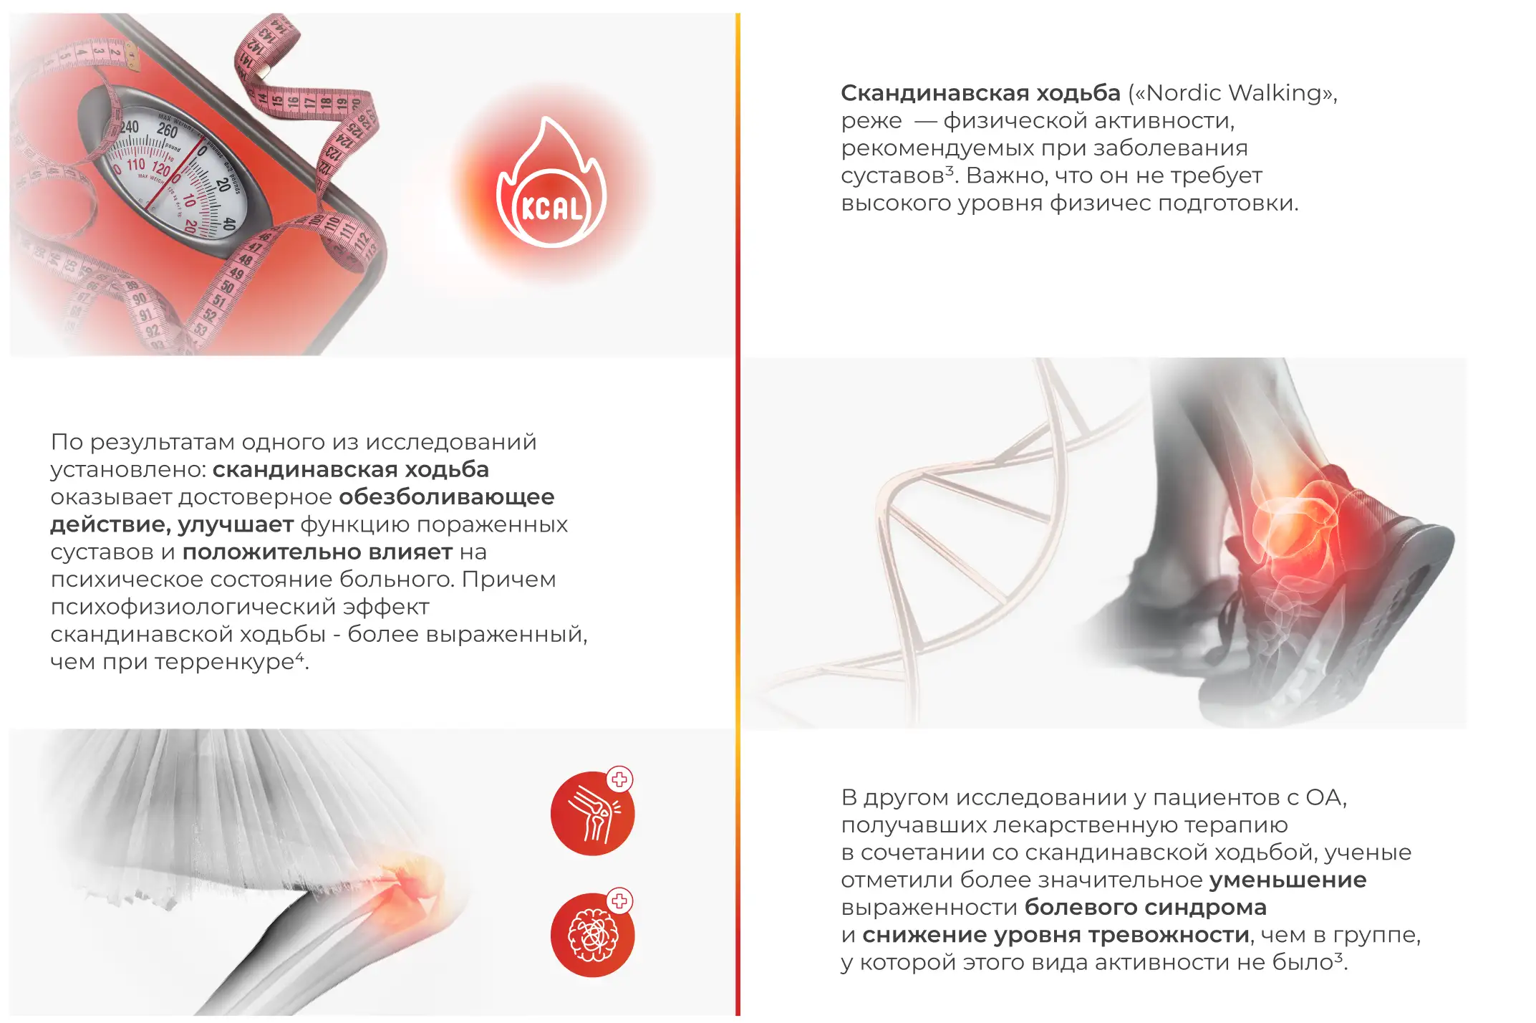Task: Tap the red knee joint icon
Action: point(592,813)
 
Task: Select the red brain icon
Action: point(592,935)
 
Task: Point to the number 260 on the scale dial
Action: point(167,130)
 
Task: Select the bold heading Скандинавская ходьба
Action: point(980,93)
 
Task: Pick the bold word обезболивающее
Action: point(447,497)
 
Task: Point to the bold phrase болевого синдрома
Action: point(1146,908)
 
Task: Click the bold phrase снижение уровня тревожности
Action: point(1056,935)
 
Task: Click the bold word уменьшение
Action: point(1288,880)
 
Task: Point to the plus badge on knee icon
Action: point(619,779)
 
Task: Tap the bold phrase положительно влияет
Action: point(317,552)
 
